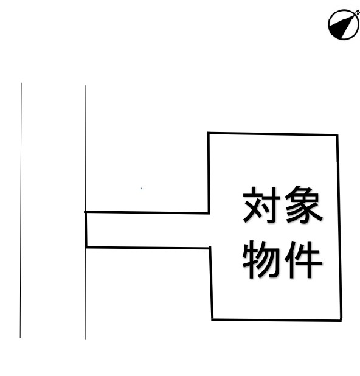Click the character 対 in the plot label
point(261,204)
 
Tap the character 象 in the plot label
point(303,204)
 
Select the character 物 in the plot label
point(261,260)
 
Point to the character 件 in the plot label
point(303,260)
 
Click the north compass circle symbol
point(344,24)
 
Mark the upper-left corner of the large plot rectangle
point(209,133)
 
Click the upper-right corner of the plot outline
point(337,136)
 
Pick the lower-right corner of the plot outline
point(341,320)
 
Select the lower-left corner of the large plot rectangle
point(212,319)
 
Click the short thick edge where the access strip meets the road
point(86,229)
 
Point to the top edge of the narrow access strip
point(147,212)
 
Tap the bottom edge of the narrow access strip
point(148,248)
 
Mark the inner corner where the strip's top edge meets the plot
point(209,213)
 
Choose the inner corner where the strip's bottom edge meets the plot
point(210,248)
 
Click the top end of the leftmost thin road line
point(21,83)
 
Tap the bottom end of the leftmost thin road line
point(21,338)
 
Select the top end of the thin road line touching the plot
point(85,86)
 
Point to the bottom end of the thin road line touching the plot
point(86,339)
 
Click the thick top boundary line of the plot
point(273,134)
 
